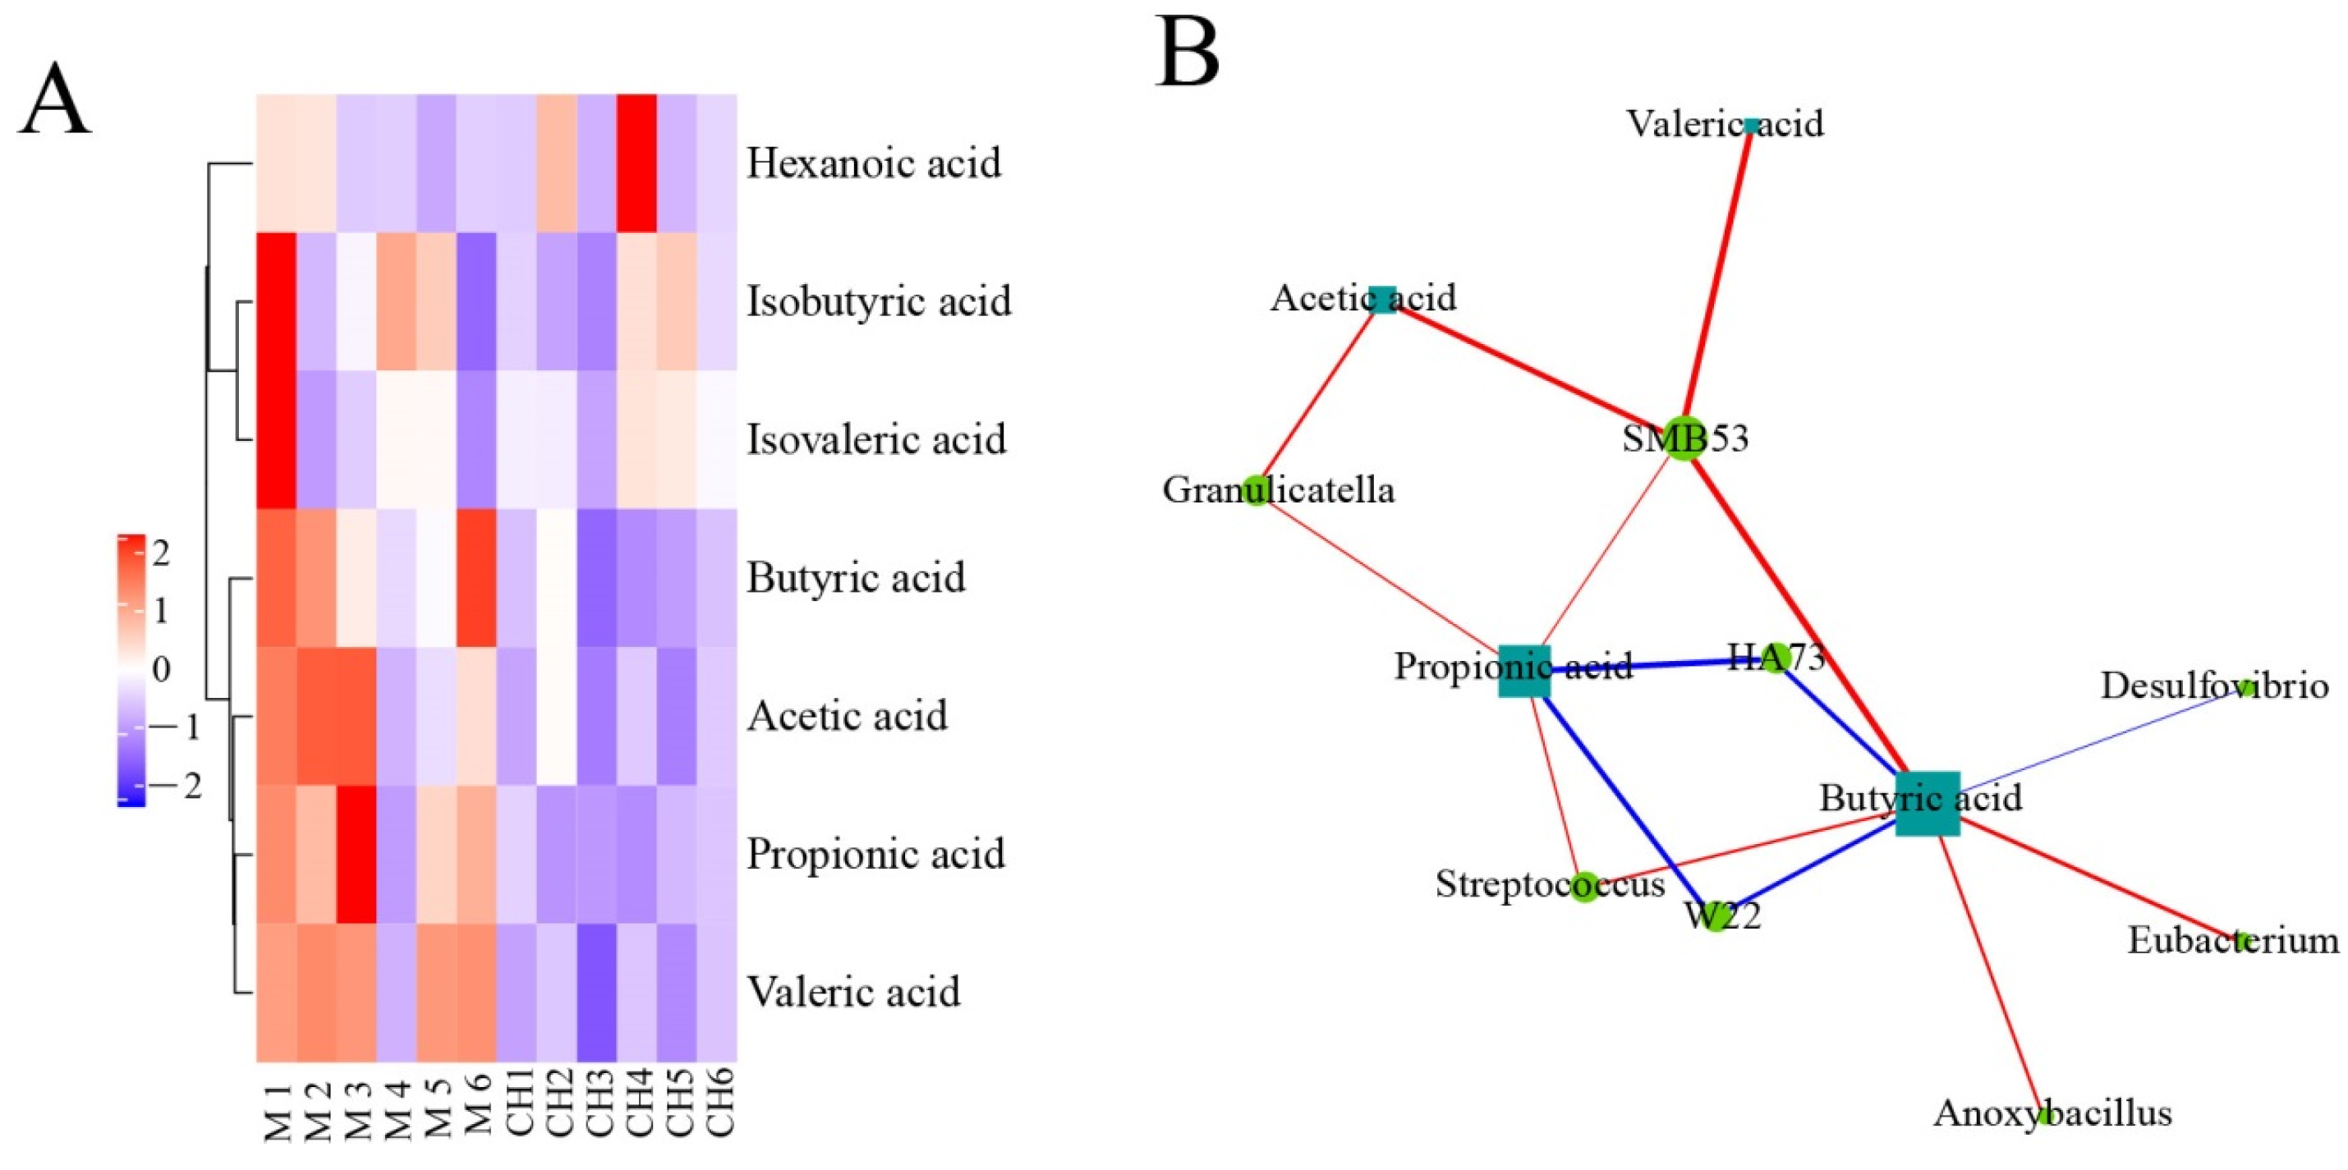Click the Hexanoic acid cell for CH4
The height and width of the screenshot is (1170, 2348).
pyautogui.click(x=637, y=163)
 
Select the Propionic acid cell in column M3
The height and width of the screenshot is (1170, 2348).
pyautogui.click(x=356, y=854)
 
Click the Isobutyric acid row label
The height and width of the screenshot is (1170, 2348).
pyautogui.click(x=879, y=301)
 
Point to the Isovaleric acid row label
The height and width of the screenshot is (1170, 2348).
pyautogui.click(x=876, y=439)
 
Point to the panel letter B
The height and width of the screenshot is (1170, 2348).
pyautogui.click(x=1188, y=52)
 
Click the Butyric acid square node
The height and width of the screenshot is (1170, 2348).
pyautogui.click(x=1927, y=803)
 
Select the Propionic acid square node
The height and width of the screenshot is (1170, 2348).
pyautogui.click(x=1524, y=671)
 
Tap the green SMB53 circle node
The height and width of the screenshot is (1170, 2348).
pyautogui.click(x=1683, y=438)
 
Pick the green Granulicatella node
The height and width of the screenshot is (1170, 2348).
pyautogui.click(x=1256, y=490)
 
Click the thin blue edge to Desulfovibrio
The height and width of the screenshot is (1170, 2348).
pyautogui.click(x=2097, y=741)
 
